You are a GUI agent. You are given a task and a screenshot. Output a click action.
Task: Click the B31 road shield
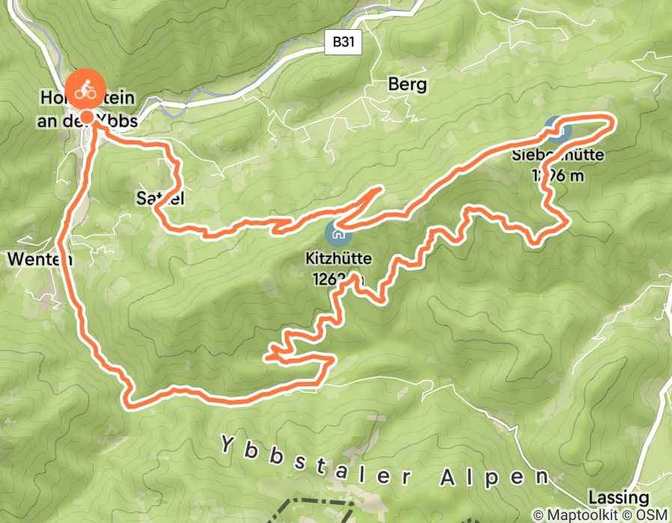pyautogui.click(x=344, y=43)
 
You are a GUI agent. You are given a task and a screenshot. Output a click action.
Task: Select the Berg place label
pyautogui.click(x=407, y=84)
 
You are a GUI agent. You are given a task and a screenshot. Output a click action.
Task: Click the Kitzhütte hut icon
pyautogui.click(x=337, y=235)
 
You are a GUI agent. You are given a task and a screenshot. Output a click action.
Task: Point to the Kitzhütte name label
pyautogui.click(x=337, y=259)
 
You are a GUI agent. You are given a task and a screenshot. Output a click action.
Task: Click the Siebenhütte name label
pyautogui.click(x=558, y=156)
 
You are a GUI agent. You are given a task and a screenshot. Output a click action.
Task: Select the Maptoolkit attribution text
pyautogui.click(x=576, y=515)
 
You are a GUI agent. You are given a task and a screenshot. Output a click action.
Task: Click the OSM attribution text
pyautogui.click(x=650, y=515)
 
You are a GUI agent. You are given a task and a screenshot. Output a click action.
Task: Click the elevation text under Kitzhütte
pyautogui.click(x=337, y=279)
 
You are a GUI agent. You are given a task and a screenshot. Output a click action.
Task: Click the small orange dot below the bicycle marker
pyautogui.click(x=87, y=117)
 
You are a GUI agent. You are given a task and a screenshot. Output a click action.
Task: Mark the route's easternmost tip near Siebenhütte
pyautogui.click(x=613, y=120)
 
